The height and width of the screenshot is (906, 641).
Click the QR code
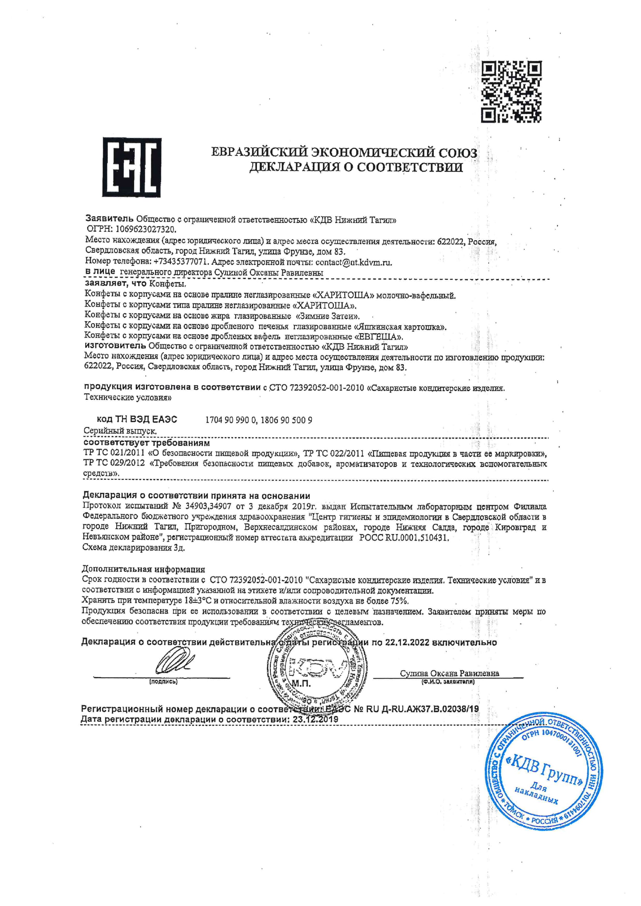point(511,91)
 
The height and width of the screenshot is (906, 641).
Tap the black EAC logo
point(131,167)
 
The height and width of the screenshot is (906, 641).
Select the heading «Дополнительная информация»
point(143,569)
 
